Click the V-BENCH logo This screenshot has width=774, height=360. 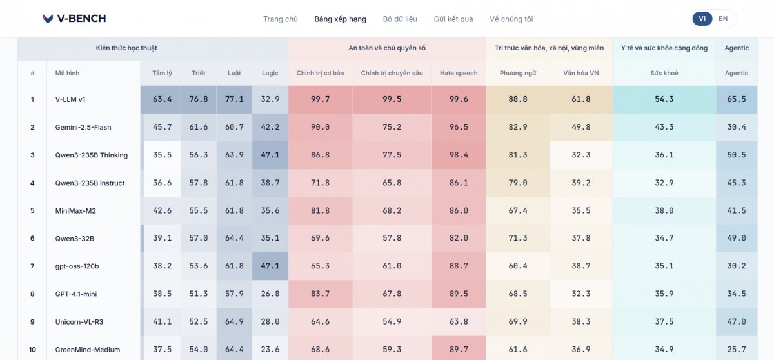click(x=74, y=18)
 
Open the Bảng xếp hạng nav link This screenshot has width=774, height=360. click(x=340, y=19)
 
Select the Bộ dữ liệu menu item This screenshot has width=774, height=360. click(x=400, y=19)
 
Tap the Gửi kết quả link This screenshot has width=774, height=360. click(x=453, y=19)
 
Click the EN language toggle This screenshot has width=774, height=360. click(x=723, y=19)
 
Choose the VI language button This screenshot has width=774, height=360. click(x=702, y=19)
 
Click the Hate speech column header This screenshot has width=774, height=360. click(x=459, y=73)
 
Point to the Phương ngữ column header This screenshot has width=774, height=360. click(x=517, y=73)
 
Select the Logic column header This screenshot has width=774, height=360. click(x=270, y=73)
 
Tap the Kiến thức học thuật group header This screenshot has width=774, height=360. click(x=126, y=48)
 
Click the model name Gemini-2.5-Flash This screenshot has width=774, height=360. click(x=83, y=127)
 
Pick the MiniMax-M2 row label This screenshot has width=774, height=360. click(x=75, y=211)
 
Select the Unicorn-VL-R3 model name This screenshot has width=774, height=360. click(x=79, y=322)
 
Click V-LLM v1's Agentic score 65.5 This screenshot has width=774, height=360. click(x=737, y=99)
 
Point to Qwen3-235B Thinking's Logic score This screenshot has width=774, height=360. click(x=270, y=155)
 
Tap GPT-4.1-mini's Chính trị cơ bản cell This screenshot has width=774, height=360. click(x=320, y=294)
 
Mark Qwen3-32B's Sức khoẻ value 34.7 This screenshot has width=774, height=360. click(x=664, y=238)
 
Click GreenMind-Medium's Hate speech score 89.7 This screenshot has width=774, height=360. click(x=459, y=349)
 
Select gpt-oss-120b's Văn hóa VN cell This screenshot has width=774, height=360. click(x=581, y=266)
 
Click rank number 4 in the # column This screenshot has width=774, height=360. click(x=32, y=183)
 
